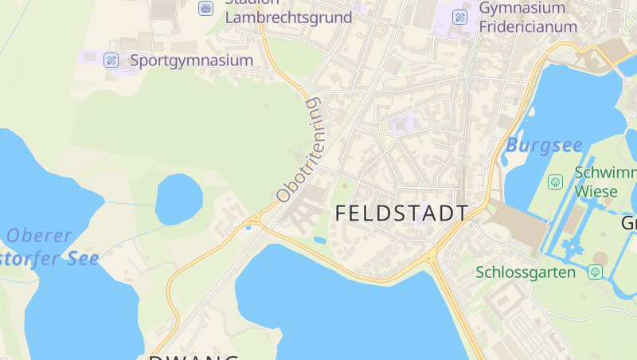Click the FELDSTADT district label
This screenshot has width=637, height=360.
[x=401, y=213]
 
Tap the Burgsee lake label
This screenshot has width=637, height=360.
[x=544, y=146]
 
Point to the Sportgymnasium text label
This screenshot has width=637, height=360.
[x=191, y=60]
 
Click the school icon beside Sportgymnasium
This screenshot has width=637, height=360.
[x=111, y=60]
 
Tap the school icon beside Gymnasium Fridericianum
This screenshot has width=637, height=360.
[x=460, y=17]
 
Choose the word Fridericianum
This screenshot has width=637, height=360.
[x=528, y=26]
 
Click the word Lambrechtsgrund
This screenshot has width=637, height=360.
[x=288, y=18]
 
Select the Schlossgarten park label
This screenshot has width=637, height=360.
[x=526, y=272]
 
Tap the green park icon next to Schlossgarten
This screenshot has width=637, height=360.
[x=594, y=272]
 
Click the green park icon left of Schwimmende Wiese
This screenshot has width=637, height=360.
[x=556, y=182]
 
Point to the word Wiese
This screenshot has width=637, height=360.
[x=596, y=191]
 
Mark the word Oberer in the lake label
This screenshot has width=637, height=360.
[x=40, y=236]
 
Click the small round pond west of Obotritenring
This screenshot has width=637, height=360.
[x=178, y=199]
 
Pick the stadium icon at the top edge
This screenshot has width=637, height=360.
[x=206, y=8]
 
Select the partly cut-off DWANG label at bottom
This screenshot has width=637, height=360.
[x=193, y=356]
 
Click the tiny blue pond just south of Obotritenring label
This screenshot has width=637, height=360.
[x=319, y=241]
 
